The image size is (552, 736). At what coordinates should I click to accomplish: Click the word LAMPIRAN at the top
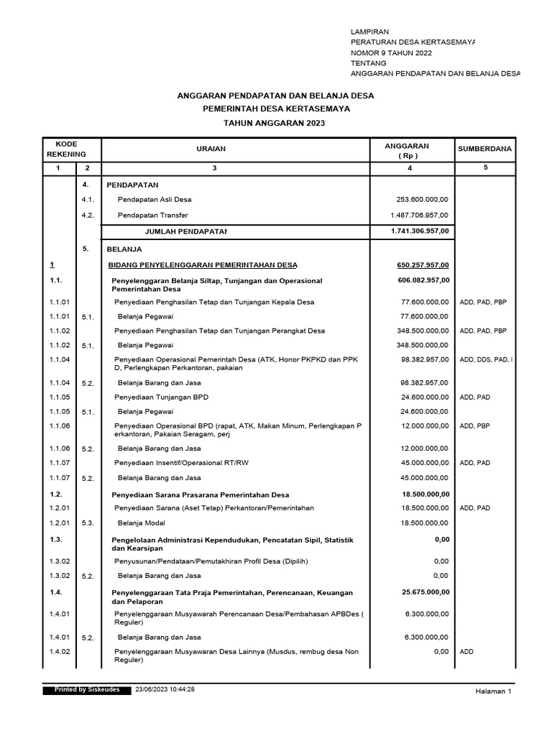(370, 32)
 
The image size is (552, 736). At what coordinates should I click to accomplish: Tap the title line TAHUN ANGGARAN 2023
(275, 123)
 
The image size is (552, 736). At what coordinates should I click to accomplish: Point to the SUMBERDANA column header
(484, 149)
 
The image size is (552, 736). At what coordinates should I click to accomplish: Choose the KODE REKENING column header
(66, 149)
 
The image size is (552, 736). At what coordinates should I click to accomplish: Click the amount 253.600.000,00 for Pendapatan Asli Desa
(423, 199)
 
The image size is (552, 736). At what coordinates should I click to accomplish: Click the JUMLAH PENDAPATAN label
(185, 231)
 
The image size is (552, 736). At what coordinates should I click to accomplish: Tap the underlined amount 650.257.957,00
(423, 264)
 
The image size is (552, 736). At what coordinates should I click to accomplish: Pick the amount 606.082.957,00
(423, 280)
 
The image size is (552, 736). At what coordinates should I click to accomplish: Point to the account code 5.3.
(88, 524)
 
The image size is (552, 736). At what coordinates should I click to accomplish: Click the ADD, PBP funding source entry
(474, 425)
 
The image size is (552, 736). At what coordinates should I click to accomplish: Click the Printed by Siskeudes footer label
(88, 689)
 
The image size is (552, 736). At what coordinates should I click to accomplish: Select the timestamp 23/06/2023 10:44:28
(165, 689)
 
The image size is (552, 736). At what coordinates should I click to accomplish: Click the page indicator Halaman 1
(492, 691)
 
